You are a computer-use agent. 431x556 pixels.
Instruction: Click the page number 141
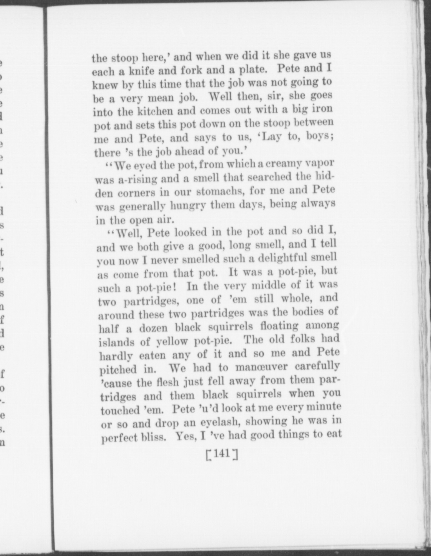222,454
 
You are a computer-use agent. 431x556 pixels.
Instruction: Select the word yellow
172,341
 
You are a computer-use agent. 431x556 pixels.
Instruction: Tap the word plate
251,69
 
